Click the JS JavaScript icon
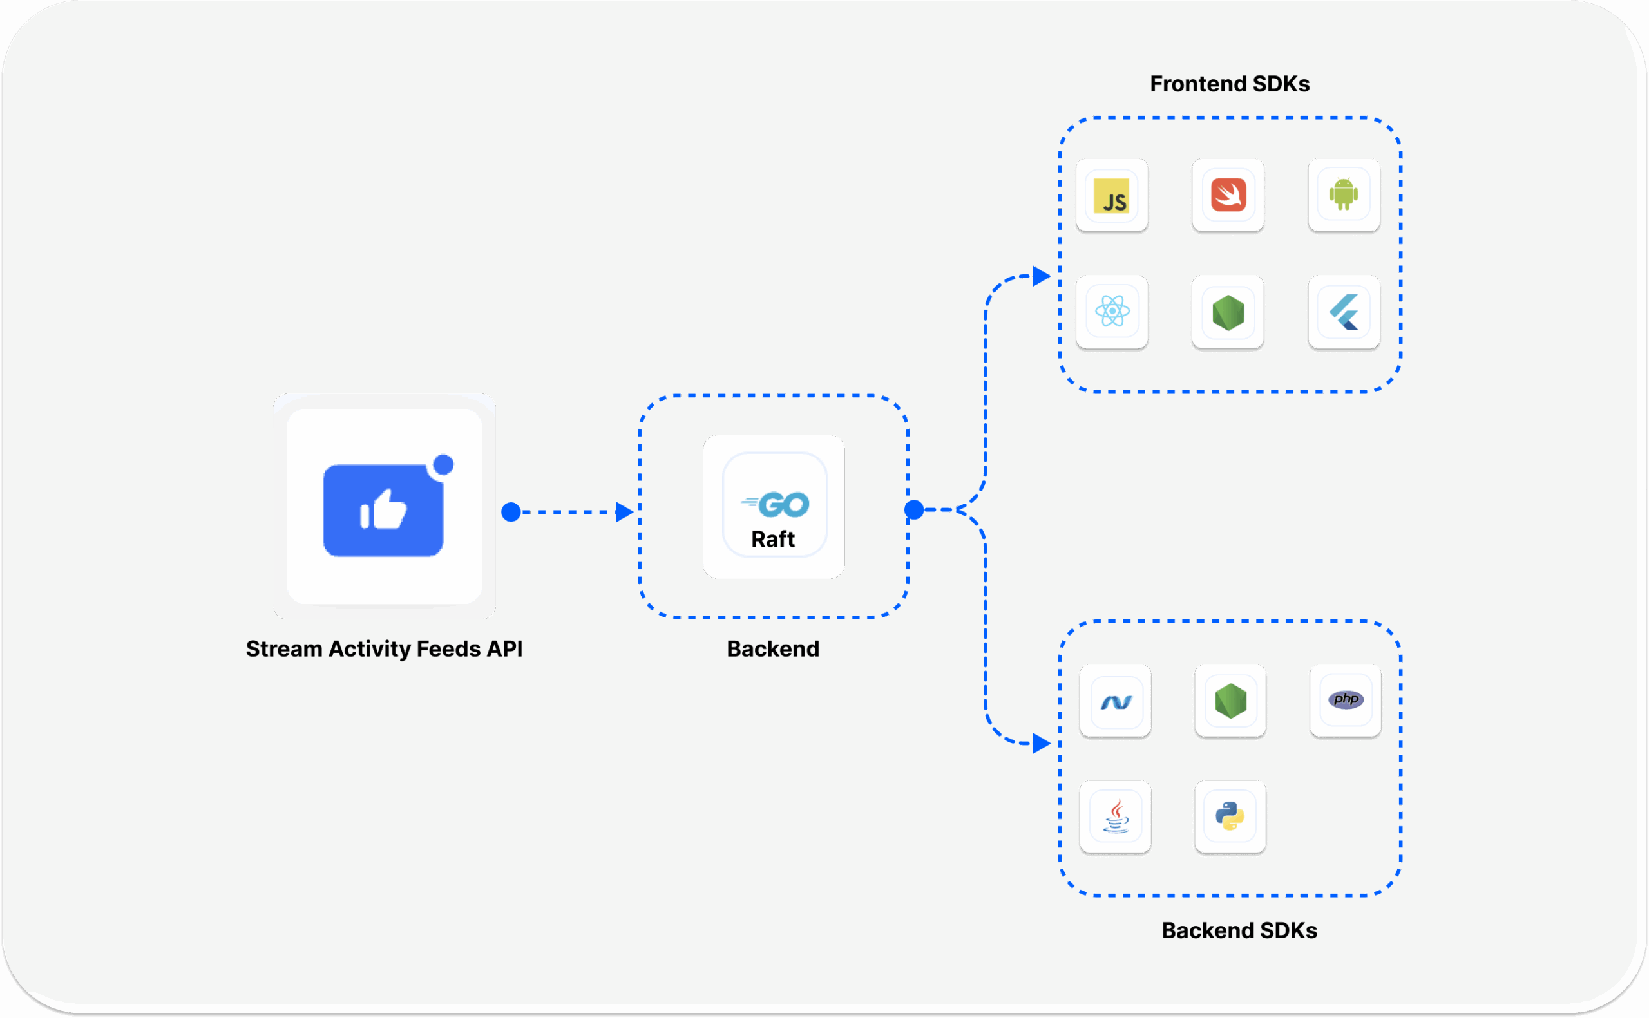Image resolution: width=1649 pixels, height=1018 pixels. pos(1112,196)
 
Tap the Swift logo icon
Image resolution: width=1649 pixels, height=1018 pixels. pos(1228,195)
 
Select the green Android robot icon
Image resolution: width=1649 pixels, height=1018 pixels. pos(1343,194)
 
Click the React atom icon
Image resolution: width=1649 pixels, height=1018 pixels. pos(1112,311)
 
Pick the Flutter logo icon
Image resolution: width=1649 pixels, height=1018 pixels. pos(1344,312)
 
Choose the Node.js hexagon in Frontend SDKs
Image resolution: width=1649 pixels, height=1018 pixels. pos(1228,312)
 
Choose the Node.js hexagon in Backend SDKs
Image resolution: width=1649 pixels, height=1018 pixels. pos(1230,701)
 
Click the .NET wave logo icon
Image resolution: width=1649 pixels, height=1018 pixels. pos(1115,702)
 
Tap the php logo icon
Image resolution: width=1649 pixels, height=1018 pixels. pos(1346,699)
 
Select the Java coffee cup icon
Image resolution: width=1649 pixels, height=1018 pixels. pos(1115,816)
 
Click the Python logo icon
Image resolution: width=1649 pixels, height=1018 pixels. pos(1230,816)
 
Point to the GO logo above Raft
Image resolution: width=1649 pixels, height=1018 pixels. pos(776,504)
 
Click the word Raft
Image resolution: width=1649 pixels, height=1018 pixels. pos(772,540)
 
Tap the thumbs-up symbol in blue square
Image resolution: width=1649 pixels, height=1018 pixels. pos(383,510)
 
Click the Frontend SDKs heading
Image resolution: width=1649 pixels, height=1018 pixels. pos(1229,84)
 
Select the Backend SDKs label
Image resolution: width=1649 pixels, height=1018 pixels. pos(1238,930)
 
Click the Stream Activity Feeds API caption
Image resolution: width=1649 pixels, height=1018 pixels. pos(384,649)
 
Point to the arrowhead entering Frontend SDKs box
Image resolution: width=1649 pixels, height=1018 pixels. pos(1041,276)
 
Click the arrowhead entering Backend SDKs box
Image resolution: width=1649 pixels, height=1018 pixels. pos(1041,743)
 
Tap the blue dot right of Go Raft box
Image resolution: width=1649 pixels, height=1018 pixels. pos(914,510)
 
